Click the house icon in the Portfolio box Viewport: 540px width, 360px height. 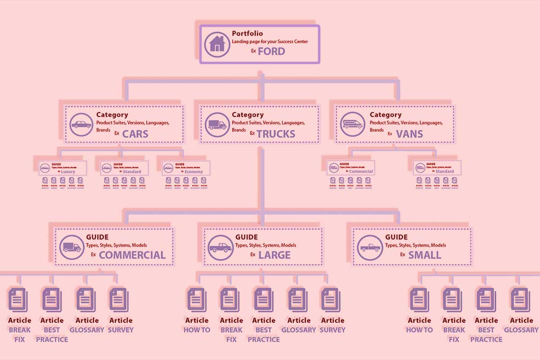click(x=217, y=43)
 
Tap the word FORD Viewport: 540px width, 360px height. click(x=271, y=51)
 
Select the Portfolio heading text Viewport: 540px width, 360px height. click(x=247, y=34)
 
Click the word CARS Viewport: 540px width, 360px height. click(x=135, y=134)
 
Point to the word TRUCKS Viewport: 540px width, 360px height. click(x=276, y=134)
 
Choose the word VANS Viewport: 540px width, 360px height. click(x=409, y=134)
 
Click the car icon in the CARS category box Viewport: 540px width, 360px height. click(x=81, y=124)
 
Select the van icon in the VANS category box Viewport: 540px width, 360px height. click(x=352, y=124)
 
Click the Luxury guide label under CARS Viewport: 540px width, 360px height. click(x=68, y=171)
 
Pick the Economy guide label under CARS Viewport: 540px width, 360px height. click(x=193, y=171)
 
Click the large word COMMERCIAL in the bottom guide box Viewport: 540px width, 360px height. click(x=132, y=255)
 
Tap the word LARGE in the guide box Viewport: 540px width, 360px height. click(x=274, y=255)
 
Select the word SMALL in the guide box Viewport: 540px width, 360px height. click(x=424, y=255)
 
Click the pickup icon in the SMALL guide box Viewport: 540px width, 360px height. click(x=370, y=247)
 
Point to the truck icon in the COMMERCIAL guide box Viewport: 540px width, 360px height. click(x=71, y=247)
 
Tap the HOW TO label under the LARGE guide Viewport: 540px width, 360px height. click(x=197, y=330)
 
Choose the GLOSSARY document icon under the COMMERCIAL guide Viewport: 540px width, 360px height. click(x=86, y=299)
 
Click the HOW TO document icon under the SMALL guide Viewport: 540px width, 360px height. click(x=419, y=299)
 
